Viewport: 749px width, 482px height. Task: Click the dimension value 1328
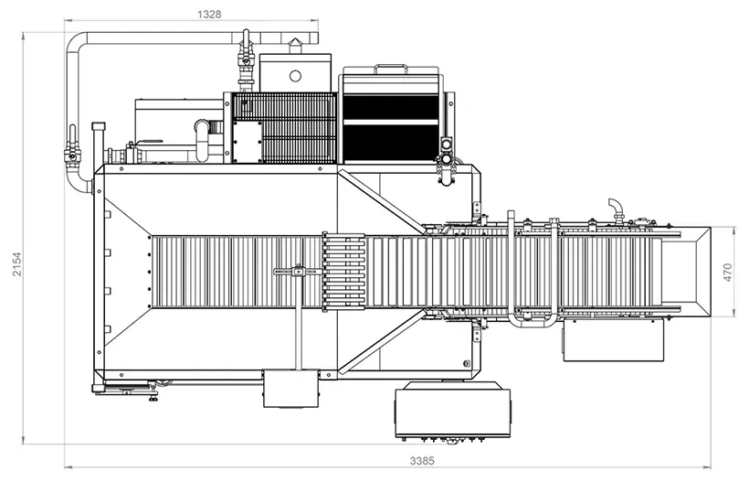[209, 14]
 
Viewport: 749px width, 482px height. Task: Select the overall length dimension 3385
[422, 460]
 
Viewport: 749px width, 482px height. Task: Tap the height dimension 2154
[17, 263]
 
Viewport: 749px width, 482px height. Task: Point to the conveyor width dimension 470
[727, 272]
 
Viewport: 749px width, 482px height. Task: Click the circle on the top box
[295, 76]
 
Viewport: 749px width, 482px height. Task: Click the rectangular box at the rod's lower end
[290, 388]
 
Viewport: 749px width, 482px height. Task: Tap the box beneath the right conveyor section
[613, 339]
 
